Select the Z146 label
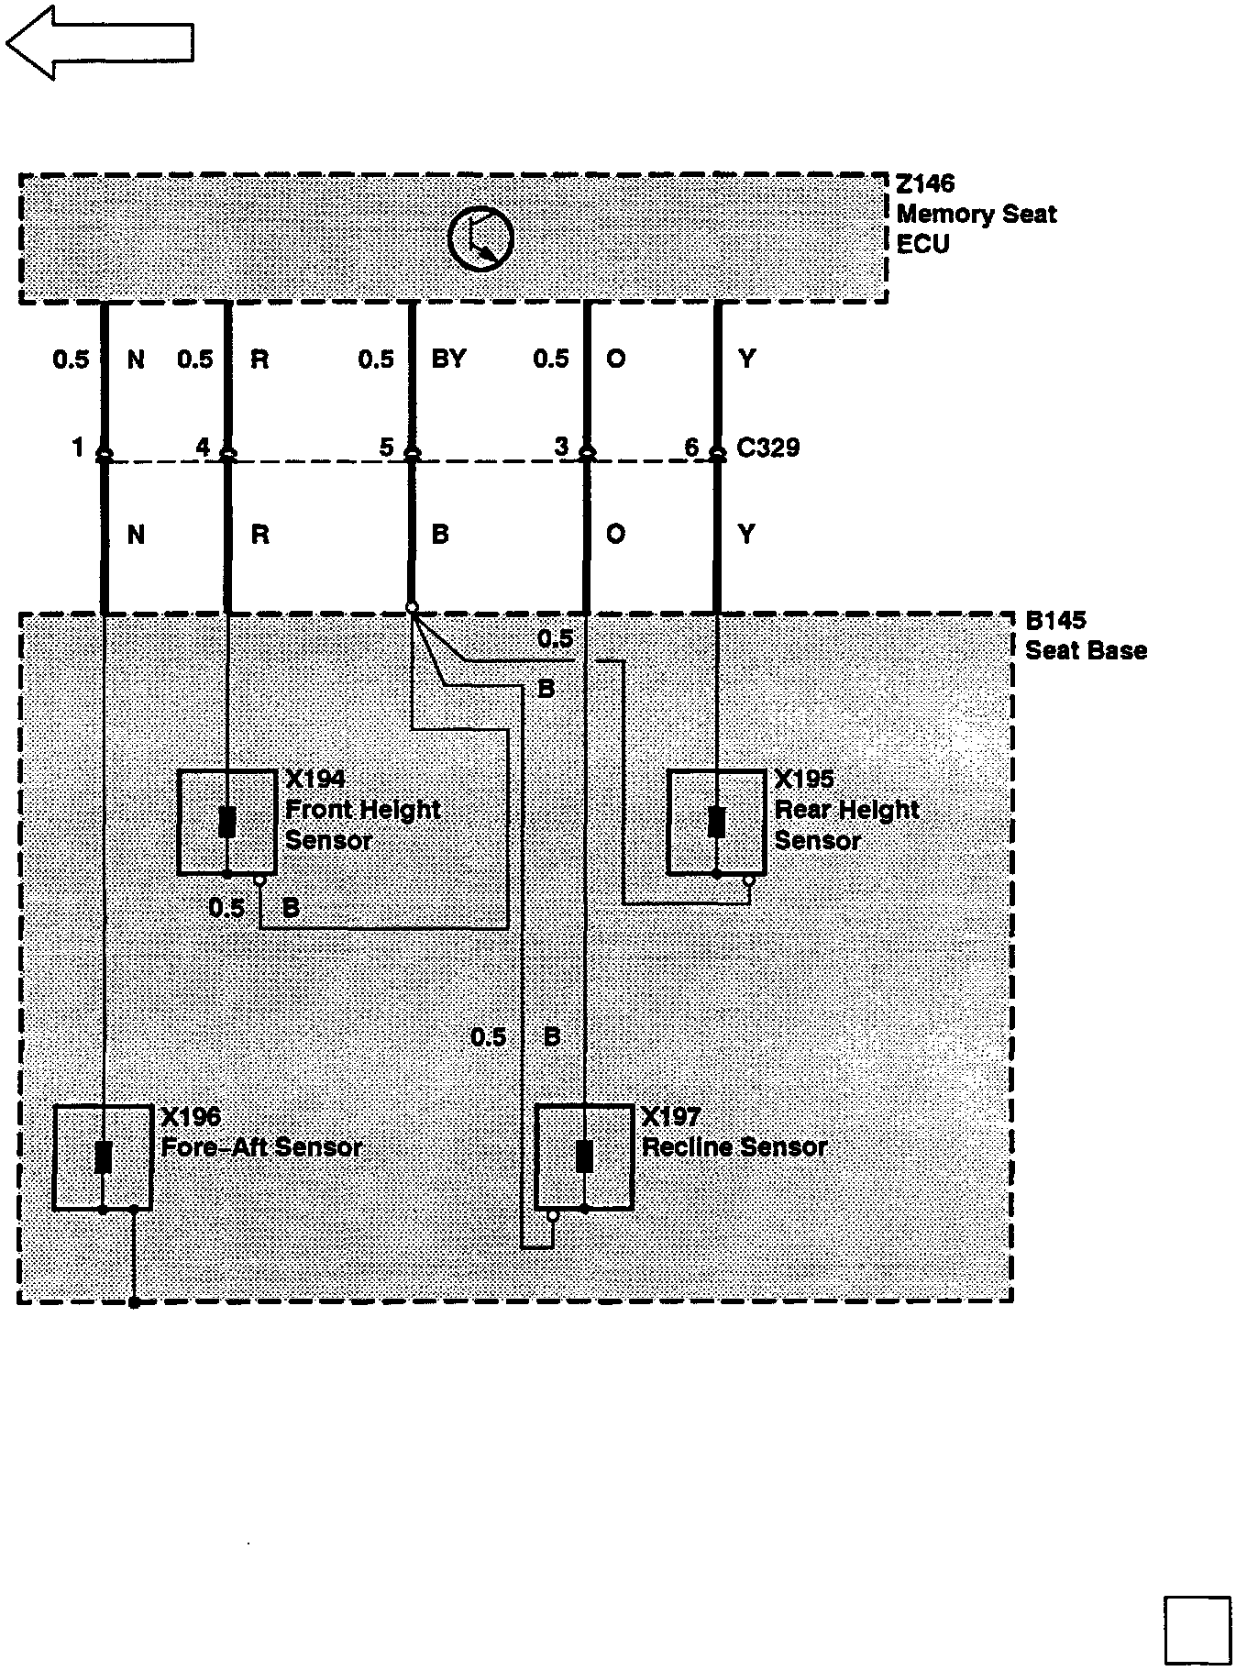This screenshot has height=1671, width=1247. tap(925, 184)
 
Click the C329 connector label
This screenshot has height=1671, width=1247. tap(768, 448)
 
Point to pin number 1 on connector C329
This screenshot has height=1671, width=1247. tap(78, 448)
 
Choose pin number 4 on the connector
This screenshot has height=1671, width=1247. tap(203, 448)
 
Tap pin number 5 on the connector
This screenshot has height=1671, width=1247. tap(386, 448)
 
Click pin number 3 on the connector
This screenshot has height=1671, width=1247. tap(561, 448)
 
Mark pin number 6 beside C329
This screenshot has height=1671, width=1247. tap(691, 448)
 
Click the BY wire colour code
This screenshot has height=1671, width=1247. tap(448, 359)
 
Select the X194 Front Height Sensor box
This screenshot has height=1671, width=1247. tap(226, 823)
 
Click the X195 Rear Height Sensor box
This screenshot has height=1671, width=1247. tap(716, 823)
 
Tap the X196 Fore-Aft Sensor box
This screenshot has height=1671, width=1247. tap(103, 1157)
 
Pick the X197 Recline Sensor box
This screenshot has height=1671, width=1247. tap(584, 1157)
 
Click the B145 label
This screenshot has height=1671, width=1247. tap(1055, 621)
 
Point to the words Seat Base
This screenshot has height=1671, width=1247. tap(1086, 651)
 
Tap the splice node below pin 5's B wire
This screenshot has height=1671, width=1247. tap(412, 607)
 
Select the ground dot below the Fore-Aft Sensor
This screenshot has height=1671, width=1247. tap(135, 1302)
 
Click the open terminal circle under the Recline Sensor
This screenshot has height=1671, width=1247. tap(553, 1216)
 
